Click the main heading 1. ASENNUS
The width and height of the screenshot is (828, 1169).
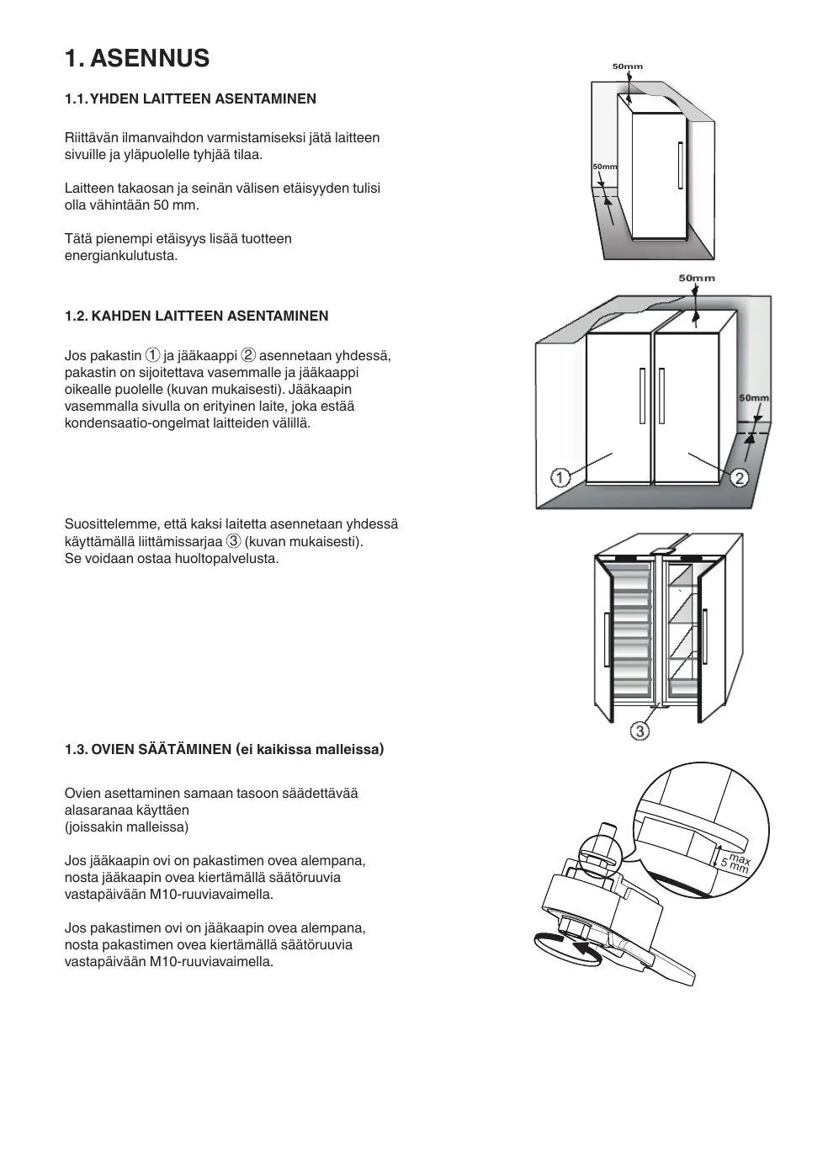tap(137, 59)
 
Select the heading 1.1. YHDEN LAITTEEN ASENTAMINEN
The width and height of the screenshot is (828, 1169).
tap(191, 98)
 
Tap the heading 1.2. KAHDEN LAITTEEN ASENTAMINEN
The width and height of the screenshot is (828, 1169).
tap(197, 316)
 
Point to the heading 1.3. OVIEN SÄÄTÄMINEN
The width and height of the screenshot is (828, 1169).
tap(224, 749)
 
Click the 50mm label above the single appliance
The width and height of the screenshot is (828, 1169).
tap(627, 66)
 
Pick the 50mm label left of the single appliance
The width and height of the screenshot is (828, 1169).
tap(604, 167)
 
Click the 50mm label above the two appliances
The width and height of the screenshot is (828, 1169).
tap(697, 278)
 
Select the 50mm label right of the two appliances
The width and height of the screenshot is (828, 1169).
tap(754, 398)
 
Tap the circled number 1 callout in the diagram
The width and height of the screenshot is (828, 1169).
tap(560, 477)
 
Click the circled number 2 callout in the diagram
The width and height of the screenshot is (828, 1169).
tap(739, 478)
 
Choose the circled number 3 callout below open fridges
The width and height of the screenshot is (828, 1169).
tap(640, 731)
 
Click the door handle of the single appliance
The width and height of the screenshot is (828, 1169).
tap(680, 166)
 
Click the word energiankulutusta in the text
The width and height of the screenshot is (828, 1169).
tap(121, 256)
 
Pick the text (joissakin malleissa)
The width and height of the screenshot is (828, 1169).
tap(127, 826)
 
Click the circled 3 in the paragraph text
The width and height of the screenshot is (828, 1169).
tap(234, 540)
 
